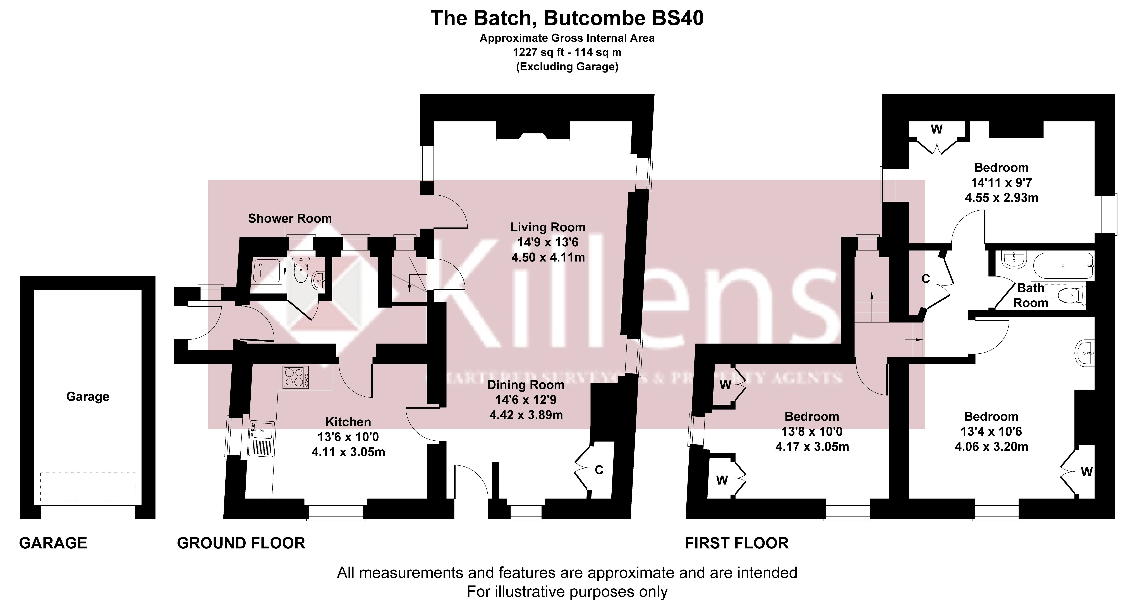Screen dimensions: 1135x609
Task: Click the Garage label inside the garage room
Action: (x=88, y=397)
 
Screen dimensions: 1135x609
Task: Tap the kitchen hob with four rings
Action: (x=295, y=378)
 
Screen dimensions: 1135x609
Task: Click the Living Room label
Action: (x=548, y=227)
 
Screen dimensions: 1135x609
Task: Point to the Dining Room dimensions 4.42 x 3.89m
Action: (x=526, y=415)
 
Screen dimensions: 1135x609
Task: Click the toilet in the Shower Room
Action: (x=300, y=270)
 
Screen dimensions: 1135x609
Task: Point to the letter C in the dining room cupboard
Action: (x=599, y=470)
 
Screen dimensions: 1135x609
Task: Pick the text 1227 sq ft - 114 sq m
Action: (x=567, y=52)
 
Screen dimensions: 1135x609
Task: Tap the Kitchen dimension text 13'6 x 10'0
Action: (x=348, y=437)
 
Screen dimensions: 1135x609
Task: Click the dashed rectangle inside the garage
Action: (x=88, y=487)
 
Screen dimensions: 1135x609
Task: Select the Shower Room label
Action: (x=290, y=219)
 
